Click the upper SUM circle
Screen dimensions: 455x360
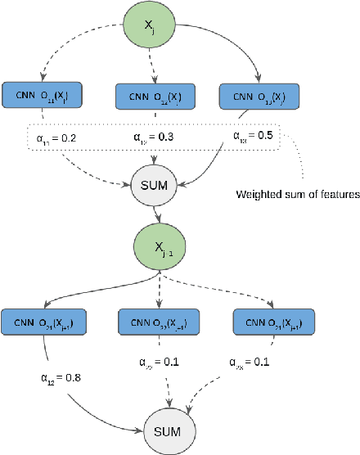(154, 184)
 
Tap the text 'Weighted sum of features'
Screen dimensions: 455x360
(297, 194)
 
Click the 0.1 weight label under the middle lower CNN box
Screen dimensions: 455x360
(152, 362)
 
